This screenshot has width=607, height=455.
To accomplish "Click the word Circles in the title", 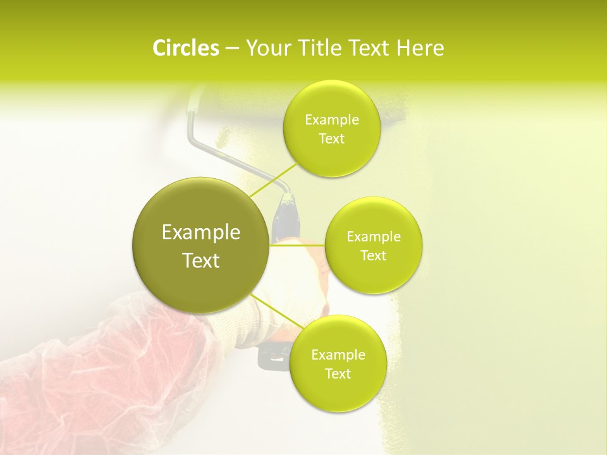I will coord(185,48).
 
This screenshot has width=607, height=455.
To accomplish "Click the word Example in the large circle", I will coord(201,233).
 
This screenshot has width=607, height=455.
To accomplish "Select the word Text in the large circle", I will coord(201,260).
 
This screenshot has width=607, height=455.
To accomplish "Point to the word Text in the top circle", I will coord(331,139).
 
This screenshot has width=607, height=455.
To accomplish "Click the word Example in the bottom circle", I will coord(338,355).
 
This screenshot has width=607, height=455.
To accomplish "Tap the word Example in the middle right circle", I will coord(373,237).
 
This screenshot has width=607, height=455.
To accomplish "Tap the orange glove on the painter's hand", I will coord(310,265).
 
